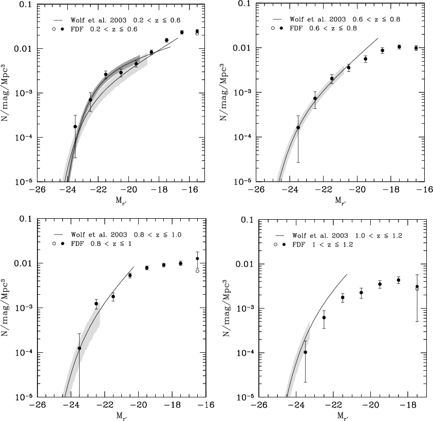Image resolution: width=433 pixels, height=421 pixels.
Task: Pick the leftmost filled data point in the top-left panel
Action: (x=75, y=126)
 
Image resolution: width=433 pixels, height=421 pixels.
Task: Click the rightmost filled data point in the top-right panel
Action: (x=416, y=48)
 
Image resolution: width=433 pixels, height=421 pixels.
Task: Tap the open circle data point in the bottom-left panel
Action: (x=197, y=271)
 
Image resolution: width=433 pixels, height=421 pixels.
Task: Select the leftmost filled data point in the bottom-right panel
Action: (x=305, y=352)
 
